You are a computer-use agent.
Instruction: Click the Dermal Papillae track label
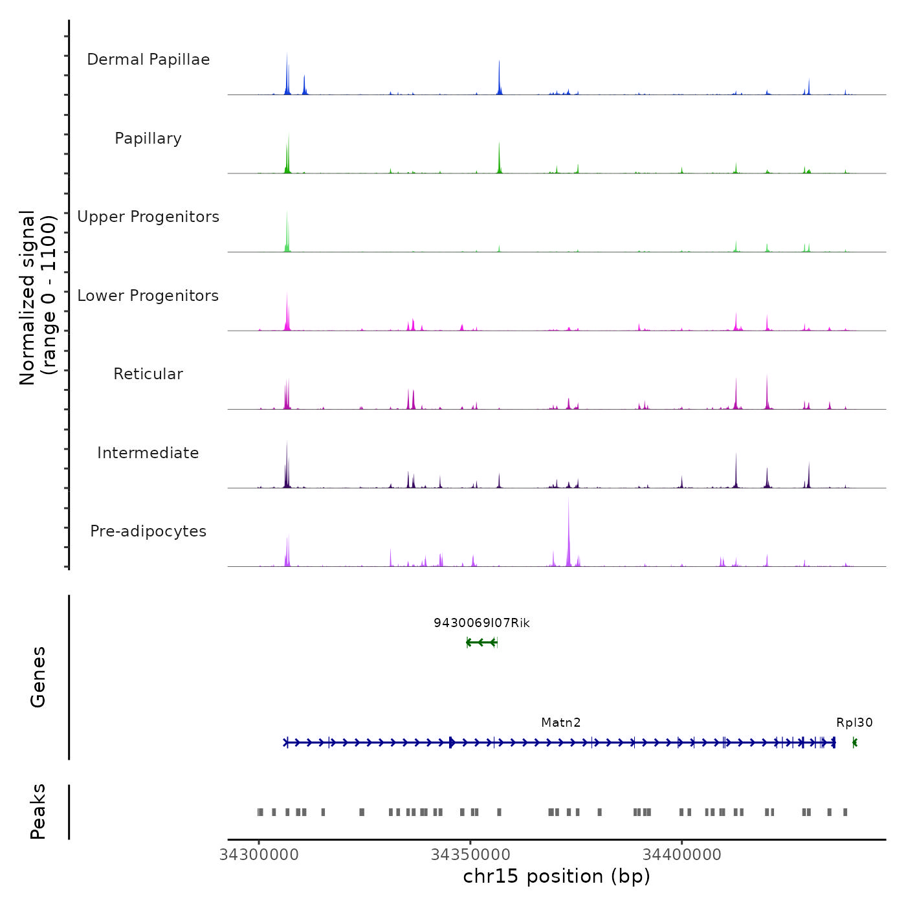[x=148, y=60]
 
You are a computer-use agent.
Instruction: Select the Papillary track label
[x=148, y=138]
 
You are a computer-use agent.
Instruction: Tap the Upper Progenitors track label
[x=148, y=217]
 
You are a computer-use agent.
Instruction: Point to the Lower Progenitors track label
[x=148, y=296]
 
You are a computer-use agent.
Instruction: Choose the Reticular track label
[x=148, y=374]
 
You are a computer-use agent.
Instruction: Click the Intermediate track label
[x=148, y=453]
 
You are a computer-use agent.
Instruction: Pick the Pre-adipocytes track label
[x=148, y=531]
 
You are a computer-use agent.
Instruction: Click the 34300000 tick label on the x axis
[x=259, y=855]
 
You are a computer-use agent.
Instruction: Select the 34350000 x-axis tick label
[x=470, y=855]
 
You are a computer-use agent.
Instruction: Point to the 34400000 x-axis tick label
[x=681, y=855]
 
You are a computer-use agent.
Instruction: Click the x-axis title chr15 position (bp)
[x=557, y=876]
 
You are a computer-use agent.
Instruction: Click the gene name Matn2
[x=561, y=723]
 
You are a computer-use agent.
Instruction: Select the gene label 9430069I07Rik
[x=481, y=623]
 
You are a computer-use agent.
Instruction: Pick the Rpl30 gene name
[x=854, y=723]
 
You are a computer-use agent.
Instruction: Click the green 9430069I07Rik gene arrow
[x=481, y=642]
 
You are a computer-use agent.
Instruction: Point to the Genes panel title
[x=38, y=676]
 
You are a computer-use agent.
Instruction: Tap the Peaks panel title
[x=38, y=812]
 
